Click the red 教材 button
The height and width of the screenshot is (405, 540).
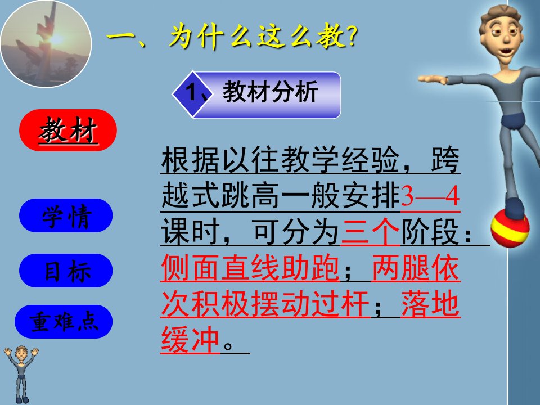[68, 130]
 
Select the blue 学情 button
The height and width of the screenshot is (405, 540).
[66, 215]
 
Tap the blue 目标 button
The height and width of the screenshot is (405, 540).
[66, 271]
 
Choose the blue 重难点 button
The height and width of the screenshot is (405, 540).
[64, 322]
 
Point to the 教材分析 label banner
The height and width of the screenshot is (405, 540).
[256, 94]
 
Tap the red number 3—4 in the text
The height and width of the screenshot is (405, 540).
[430, 196]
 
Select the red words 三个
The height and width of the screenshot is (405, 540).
[371, 232]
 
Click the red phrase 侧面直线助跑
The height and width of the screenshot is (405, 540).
[250, 268]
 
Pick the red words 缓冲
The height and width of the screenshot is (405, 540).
[191, 340]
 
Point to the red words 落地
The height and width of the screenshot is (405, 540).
[430, 304]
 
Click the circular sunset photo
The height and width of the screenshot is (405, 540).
[46, 43]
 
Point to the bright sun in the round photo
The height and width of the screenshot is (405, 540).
[56, 39]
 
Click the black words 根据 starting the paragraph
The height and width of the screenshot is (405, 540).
[191, 160]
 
